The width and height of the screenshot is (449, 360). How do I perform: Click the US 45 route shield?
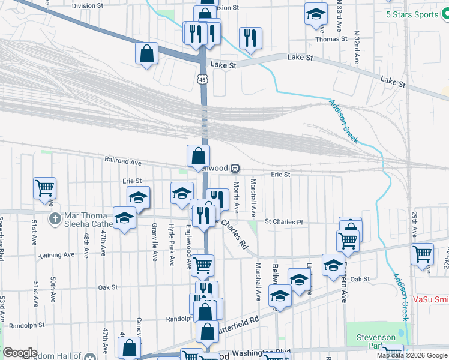click(x=203, y=79)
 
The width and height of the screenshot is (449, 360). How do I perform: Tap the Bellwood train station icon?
click(x=236, y=168)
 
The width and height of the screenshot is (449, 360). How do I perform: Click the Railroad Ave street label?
click(x=122, y=162)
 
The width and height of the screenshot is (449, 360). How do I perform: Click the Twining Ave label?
click(x=56, y=255)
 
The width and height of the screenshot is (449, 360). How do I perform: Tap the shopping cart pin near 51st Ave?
click(x=44, y=188)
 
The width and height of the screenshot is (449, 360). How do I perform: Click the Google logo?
click(x=20, y=353)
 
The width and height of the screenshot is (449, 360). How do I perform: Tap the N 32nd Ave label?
click(x=357, y=48)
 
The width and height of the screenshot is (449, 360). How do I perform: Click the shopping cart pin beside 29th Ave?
click(x=422, y=253)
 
